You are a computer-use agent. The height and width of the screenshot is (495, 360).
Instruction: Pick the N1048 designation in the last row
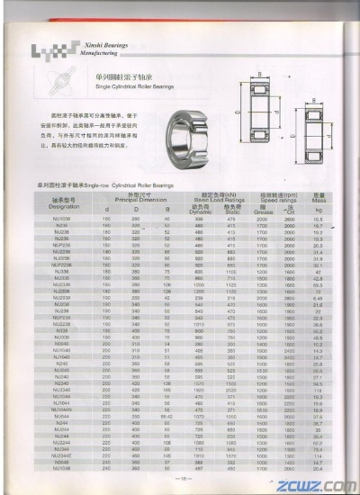click(x=63, y=467)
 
